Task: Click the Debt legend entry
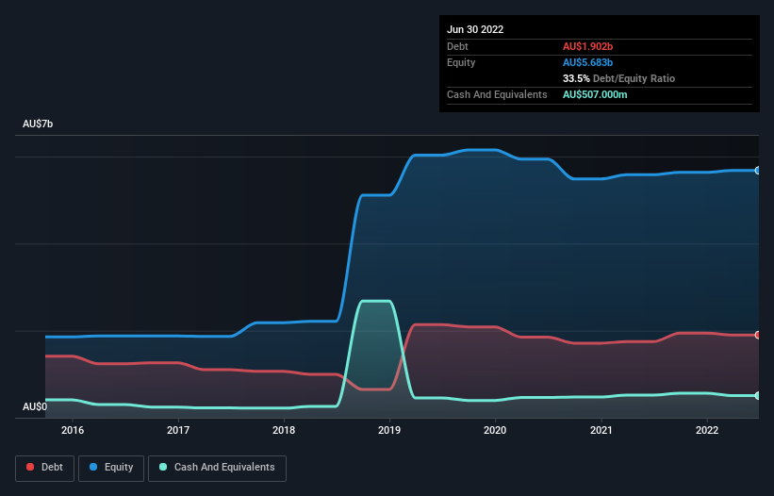[43, 467]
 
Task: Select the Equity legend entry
[110, 467]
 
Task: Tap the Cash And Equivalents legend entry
[217, 467]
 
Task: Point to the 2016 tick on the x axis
[73, 431]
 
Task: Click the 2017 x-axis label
[178, 431]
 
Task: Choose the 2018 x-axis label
[284, 431]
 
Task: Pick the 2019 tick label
[389, 431]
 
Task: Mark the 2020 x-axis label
[495, 431]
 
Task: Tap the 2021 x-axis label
[601, 431]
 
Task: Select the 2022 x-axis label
[706, 431]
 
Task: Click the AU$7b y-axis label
[38, 124]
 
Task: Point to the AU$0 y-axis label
[36, 406]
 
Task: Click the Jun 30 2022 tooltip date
[475, 29]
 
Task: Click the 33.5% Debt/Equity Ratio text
[618, 78]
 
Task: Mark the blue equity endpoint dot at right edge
[758, 171]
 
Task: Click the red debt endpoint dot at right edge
[758, 335]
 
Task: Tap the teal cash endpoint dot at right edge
[758, 395]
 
